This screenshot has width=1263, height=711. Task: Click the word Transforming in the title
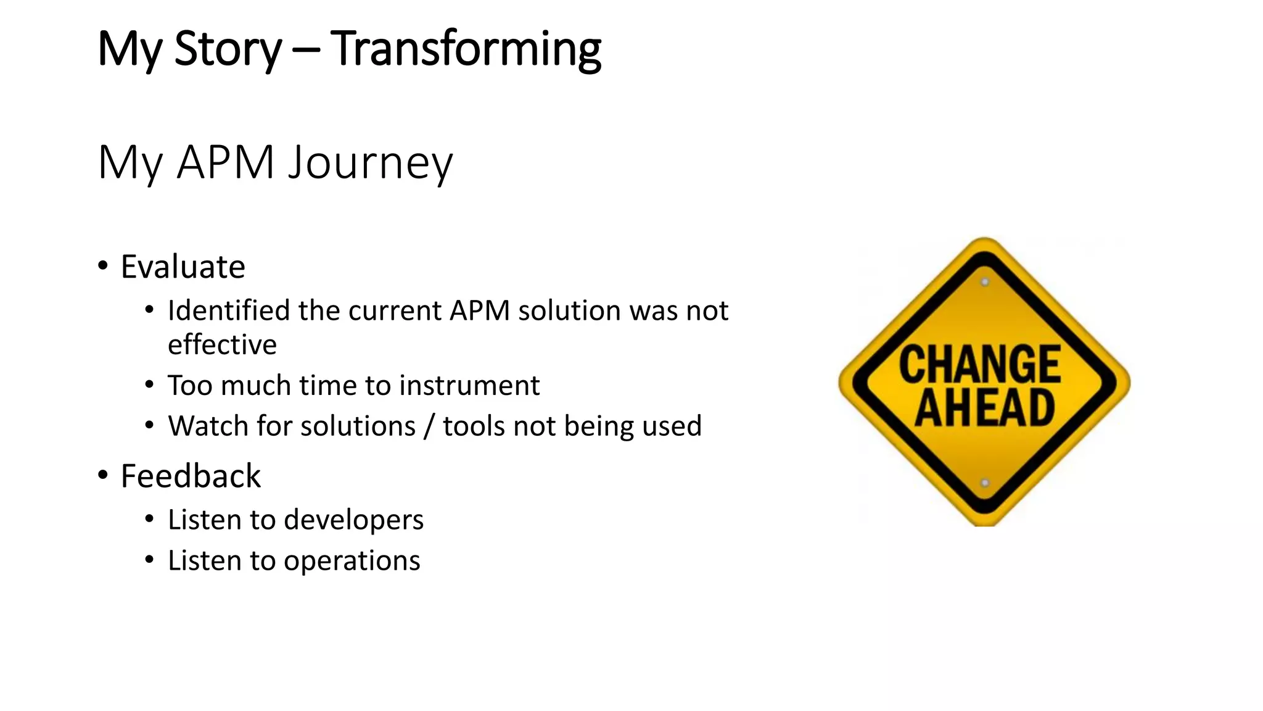466,49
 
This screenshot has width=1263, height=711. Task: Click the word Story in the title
228,49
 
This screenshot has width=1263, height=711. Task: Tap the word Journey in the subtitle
371,162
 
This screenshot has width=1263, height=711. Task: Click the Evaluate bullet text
183,267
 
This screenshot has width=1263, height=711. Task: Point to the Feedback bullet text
191,476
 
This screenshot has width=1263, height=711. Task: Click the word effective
222,344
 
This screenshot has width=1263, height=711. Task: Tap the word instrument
469,386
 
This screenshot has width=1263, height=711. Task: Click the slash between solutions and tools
429,426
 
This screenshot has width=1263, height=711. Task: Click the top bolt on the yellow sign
985,282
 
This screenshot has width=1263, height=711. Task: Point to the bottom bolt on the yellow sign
985,483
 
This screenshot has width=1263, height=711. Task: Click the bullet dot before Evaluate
103,266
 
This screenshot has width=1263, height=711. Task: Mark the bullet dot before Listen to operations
149,560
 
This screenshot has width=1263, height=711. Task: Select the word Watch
208,426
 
